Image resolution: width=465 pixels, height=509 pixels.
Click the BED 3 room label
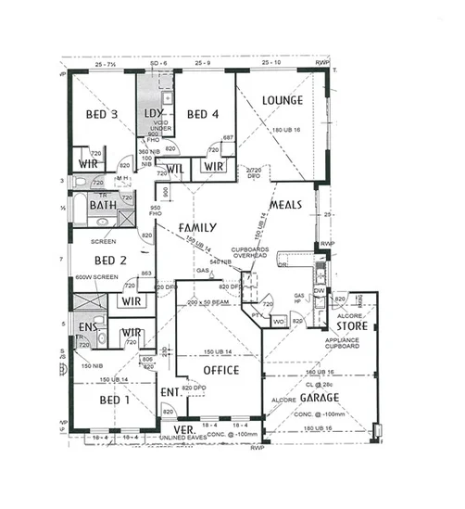click(102, 115)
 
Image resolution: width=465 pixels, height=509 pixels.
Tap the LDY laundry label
click(154, 114)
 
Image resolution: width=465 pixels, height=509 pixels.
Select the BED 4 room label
click(201, 115)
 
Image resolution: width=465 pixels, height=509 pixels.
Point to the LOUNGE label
click(283, 100)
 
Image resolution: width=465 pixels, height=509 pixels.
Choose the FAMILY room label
click(197, 227)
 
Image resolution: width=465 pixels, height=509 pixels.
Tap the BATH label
click(89, 205)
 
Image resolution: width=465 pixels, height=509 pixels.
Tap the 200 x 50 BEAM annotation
click(207, 303)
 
